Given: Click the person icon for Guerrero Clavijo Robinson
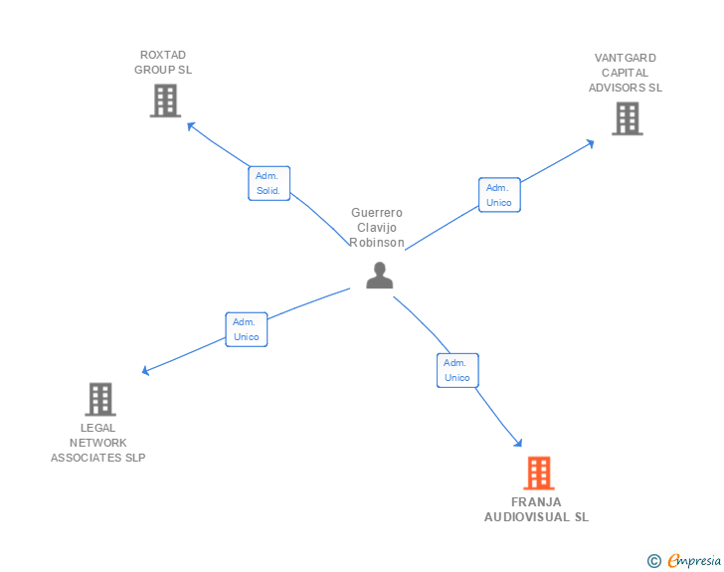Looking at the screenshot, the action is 380,276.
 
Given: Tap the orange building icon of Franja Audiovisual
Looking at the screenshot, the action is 539,474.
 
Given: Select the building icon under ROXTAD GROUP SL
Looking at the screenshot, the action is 165,100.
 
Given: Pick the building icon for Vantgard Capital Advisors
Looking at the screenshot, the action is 628,118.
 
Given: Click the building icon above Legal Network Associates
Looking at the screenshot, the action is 100,399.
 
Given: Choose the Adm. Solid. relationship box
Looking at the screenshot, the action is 270,183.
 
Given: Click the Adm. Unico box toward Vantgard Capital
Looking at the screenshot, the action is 499,195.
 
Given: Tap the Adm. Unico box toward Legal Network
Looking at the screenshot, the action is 247,329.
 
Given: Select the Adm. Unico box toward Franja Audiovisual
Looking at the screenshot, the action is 457,370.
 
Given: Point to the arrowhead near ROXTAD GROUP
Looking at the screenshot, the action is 191,125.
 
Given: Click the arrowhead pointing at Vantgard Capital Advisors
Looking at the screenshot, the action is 590,143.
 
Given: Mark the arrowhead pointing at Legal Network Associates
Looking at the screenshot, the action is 145,370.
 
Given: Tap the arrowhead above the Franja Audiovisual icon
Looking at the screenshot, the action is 518,443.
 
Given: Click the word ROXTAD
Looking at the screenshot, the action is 163,55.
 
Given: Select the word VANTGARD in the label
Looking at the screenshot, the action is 626,58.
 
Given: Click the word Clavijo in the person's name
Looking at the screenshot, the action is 377,228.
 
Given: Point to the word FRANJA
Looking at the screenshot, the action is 536,501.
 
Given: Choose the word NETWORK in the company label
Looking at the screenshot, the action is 97,443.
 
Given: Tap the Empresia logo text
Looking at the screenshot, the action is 694,560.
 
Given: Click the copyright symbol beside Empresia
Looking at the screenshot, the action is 654,561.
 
